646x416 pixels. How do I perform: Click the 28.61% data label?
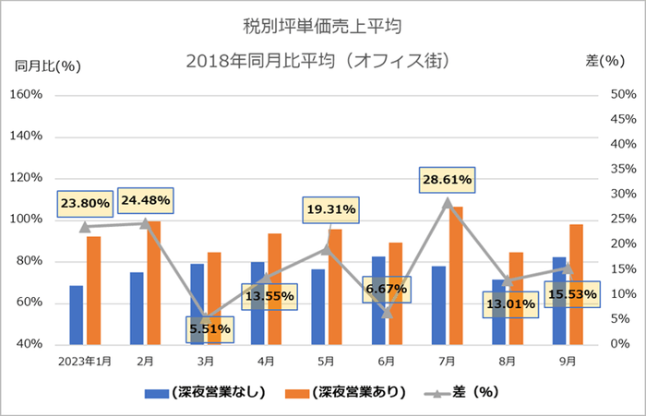447,179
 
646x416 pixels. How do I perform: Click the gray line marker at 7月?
448,202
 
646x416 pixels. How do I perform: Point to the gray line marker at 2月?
145,223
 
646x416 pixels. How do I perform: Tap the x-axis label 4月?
266,361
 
